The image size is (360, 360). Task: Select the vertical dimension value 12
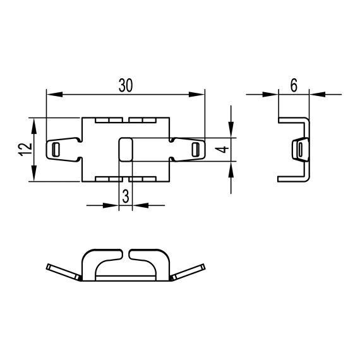(x=23, y=150)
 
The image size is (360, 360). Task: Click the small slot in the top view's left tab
(x=56, y=149)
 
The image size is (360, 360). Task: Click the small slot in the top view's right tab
(x=195, y=149)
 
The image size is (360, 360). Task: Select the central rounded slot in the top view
(x=125, y=149)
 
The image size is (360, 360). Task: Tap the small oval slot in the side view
(x=301, y=150)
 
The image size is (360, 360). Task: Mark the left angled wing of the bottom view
(x=63, y=272)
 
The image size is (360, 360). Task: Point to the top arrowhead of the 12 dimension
(x=34, y=123)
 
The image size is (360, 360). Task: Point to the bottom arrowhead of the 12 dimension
(x=34, y=176)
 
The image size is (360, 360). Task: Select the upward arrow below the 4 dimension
(x=231, y=167)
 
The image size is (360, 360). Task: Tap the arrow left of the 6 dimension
(x=273, y=95)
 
